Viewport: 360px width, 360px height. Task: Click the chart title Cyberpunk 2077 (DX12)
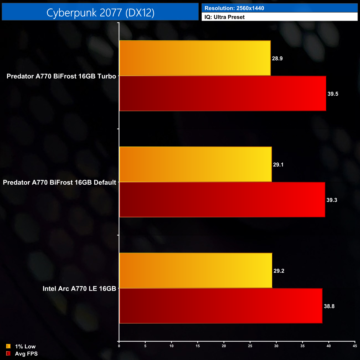[x=100, y=13]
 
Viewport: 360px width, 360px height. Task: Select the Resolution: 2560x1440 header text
[x=234, y=8]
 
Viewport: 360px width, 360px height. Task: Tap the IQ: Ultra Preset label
[x=225, y=17]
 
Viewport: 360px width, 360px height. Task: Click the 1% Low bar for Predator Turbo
[x=195, y=58]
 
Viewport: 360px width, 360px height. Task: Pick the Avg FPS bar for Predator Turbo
[x=223, y=94]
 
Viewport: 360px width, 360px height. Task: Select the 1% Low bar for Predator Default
[x=196, y=164]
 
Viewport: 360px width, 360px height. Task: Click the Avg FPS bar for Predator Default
[x=222, y=200]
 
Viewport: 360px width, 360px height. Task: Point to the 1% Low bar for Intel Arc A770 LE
[x=196, y=271]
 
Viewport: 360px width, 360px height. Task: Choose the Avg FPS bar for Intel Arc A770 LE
[x=221, y=306]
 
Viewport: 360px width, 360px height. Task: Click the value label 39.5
[x=333, y=94]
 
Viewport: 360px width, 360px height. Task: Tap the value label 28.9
[x=277, y=58]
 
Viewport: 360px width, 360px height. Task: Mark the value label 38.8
[x=329, y=306]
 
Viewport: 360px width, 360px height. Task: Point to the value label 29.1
[x=278, y=165]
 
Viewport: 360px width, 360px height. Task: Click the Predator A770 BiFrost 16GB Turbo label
[x=61, y=76]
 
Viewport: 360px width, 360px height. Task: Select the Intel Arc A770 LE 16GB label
[x=79, y=289]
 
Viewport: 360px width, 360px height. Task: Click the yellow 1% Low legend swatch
[x=8, y=346]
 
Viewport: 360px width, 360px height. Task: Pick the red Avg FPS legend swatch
[x=8, y=353]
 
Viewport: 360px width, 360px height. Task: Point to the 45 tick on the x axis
[x=355, y=346]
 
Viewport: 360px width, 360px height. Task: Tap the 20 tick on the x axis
[x=224, y=346]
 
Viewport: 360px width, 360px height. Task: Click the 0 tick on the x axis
[x=119, y=346]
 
